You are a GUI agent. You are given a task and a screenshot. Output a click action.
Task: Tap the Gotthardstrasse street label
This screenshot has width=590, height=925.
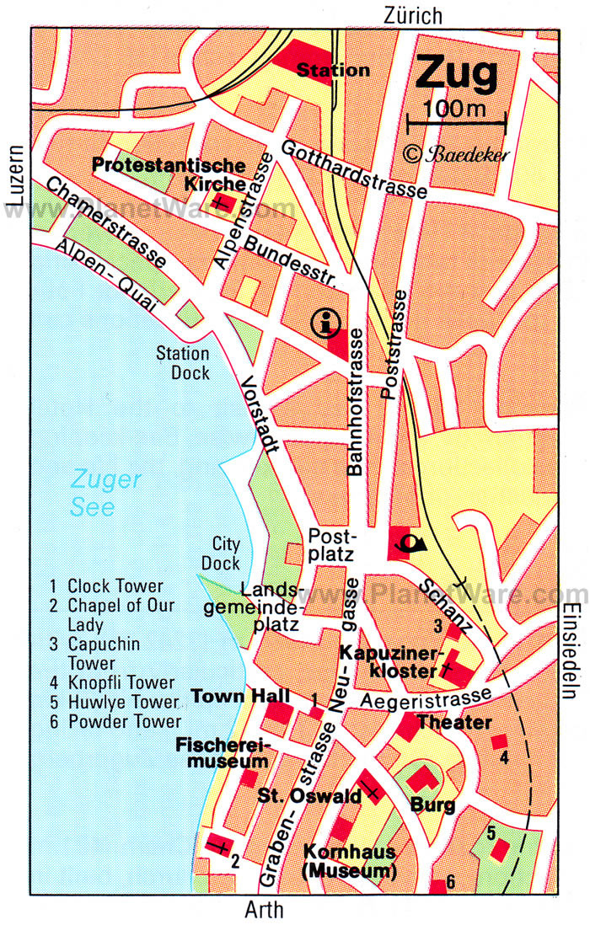pyautogui.click(x=354, y=169)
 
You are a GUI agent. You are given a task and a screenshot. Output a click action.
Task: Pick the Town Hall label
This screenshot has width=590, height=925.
pyautogui.click(x=240, y=696)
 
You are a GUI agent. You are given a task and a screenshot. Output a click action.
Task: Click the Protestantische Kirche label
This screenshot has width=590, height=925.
pyautogui.click(x=169, y=174)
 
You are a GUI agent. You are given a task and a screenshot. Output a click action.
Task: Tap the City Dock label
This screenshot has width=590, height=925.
pyautogui.click(x=226, y=553)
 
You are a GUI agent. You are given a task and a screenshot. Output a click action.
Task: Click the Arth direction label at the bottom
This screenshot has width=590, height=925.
pyautogui.click(x=263, y=910)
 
